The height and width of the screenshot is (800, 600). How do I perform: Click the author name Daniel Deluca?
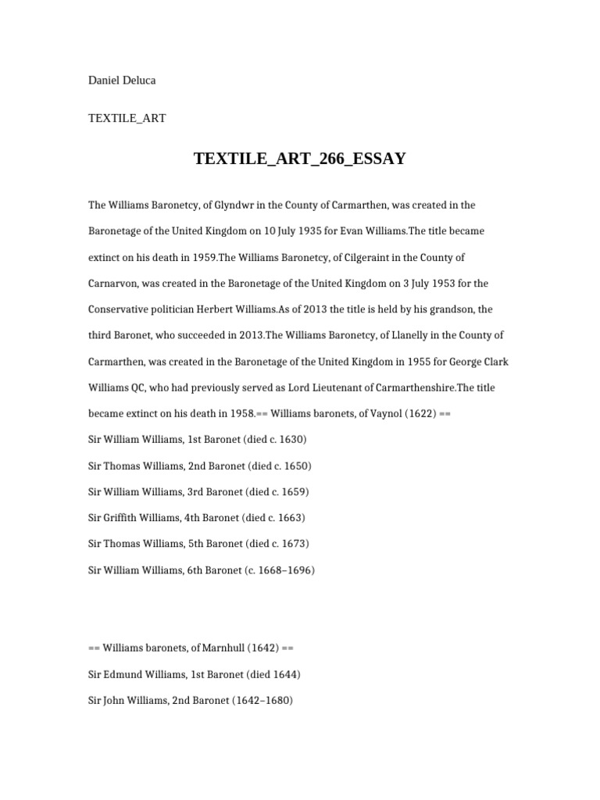pyautogui.click(x=123, y=80)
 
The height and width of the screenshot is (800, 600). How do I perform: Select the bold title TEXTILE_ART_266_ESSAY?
pyautogui.click(x=300, y=159)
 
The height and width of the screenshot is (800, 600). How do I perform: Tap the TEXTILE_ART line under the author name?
pyautogui.click(x=127, y=119)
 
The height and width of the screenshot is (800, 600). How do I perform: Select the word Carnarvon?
pyautogui.click(x=112, y=283)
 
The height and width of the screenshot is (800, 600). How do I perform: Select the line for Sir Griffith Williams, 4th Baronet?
pyautogui.click(x=196, y=517)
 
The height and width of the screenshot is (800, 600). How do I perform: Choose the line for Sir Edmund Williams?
pyautogui.click(x=194, y=674)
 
